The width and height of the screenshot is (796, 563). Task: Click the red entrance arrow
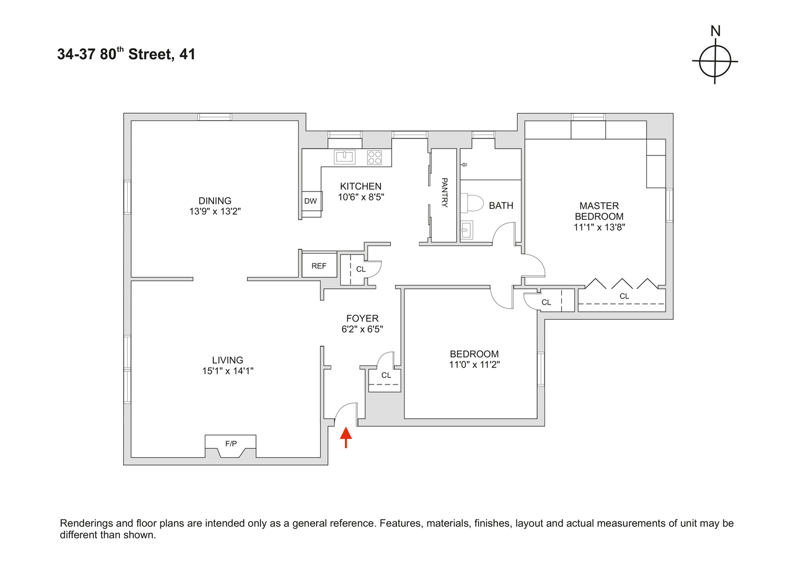[x=346, y=436]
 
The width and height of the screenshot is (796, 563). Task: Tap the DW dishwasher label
[x=311, y=201]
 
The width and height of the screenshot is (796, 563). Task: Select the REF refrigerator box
[x=319, y=266]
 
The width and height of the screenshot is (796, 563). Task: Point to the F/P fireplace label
[x=231, y=444]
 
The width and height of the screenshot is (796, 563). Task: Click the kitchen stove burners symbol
[x=375, y=157]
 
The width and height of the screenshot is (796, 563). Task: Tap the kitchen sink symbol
[x=344, y=157]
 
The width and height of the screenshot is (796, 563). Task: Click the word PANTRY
[x=444, y=193]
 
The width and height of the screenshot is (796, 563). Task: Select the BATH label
[x=501, y=205]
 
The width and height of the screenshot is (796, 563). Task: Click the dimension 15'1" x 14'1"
[x=228, y=371]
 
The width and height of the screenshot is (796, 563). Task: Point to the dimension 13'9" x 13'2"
[x=215, y=212]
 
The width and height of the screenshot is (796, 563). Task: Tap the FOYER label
[x=362, y=318]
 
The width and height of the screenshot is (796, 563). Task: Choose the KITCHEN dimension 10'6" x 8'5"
[x=361, y=197]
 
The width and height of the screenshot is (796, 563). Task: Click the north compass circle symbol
[x=715, y=61]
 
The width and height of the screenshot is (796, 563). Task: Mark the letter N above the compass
[x=716, y=32]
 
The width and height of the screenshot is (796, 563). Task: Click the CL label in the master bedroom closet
[x=624, y=296]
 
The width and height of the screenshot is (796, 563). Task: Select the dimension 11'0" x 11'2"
[x=474, y=365]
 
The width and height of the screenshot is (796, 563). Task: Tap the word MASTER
[x=599, y=205]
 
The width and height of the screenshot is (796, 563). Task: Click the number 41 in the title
[x=187, y=55]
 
